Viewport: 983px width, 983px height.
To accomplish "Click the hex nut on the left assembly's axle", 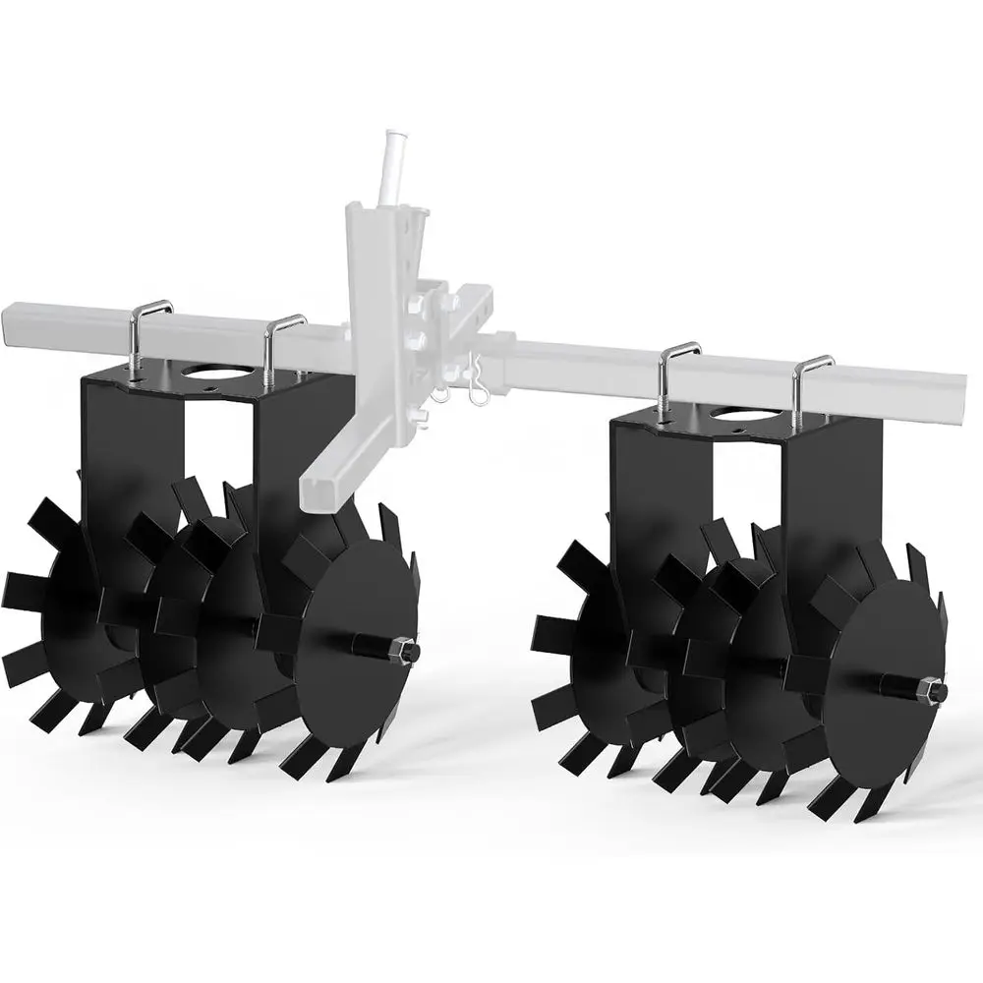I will click(x=405, y=650).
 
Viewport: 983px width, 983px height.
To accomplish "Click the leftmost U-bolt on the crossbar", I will click(x=145, y=333).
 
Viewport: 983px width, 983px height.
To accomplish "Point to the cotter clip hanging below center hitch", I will click(x=479, y=390).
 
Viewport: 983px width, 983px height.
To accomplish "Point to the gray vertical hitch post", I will click(x=378, y=295).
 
